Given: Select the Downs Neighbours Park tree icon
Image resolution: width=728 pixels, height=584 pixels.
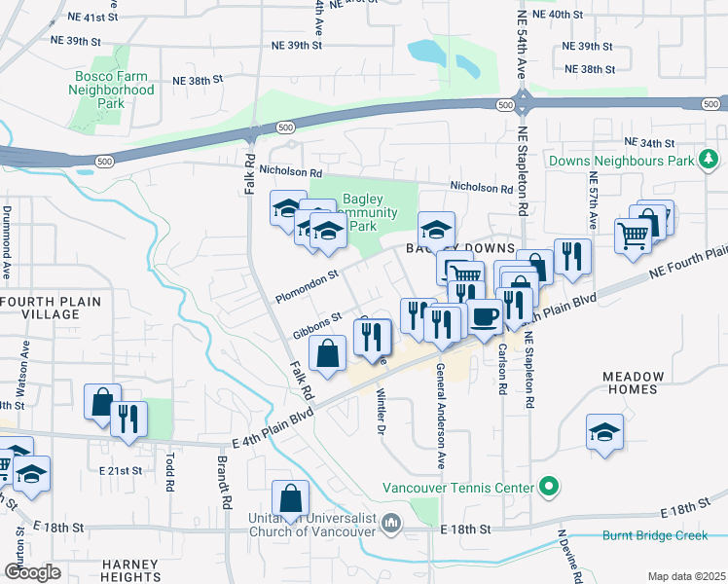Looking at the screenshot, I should tap(710, 160).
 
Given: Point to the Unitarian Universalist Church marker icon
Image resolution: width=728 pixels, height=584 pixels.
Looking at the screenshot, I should tap(391, 524).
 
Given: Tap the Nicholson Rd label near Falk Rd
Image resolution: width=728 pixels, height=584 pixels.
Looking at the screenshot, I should tap(290, 170).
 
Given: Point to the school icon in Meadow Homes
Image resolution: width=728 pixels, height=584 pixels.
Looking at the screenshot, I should tap(604, 432).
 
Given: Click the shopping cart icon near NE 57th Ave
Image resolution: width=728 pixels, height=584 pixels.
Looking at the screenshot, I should tap(634, 235).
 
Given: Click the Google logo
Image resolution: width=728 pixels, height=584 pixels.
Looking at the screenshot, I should tap(33, 572).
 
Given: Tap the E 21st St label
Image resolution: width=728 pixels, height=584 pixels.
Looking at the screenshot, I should tap(120, 470).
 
